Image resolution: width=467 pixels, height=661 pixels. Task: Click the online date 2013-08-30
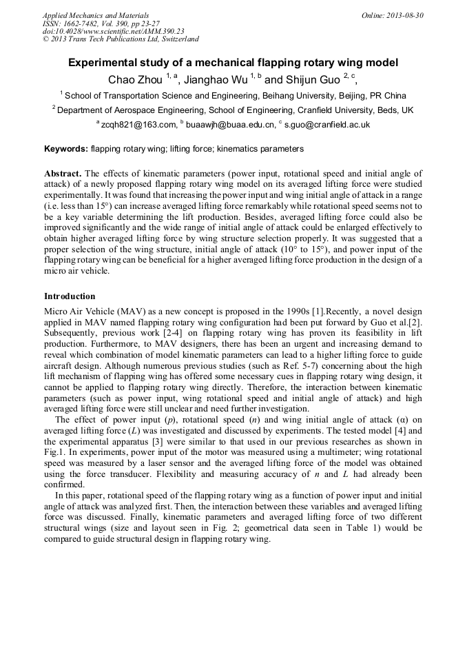point(404,15)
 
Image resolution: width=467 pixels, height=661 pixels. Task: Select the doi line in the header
point(114,32)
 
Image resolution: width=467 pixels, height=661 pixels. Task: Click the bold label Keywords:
point(66,149)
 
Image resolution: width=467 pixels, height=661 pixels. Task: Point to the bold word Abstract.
point(63,174)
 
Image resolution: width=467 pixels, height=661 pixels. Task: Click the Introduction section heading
point(70,296)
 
